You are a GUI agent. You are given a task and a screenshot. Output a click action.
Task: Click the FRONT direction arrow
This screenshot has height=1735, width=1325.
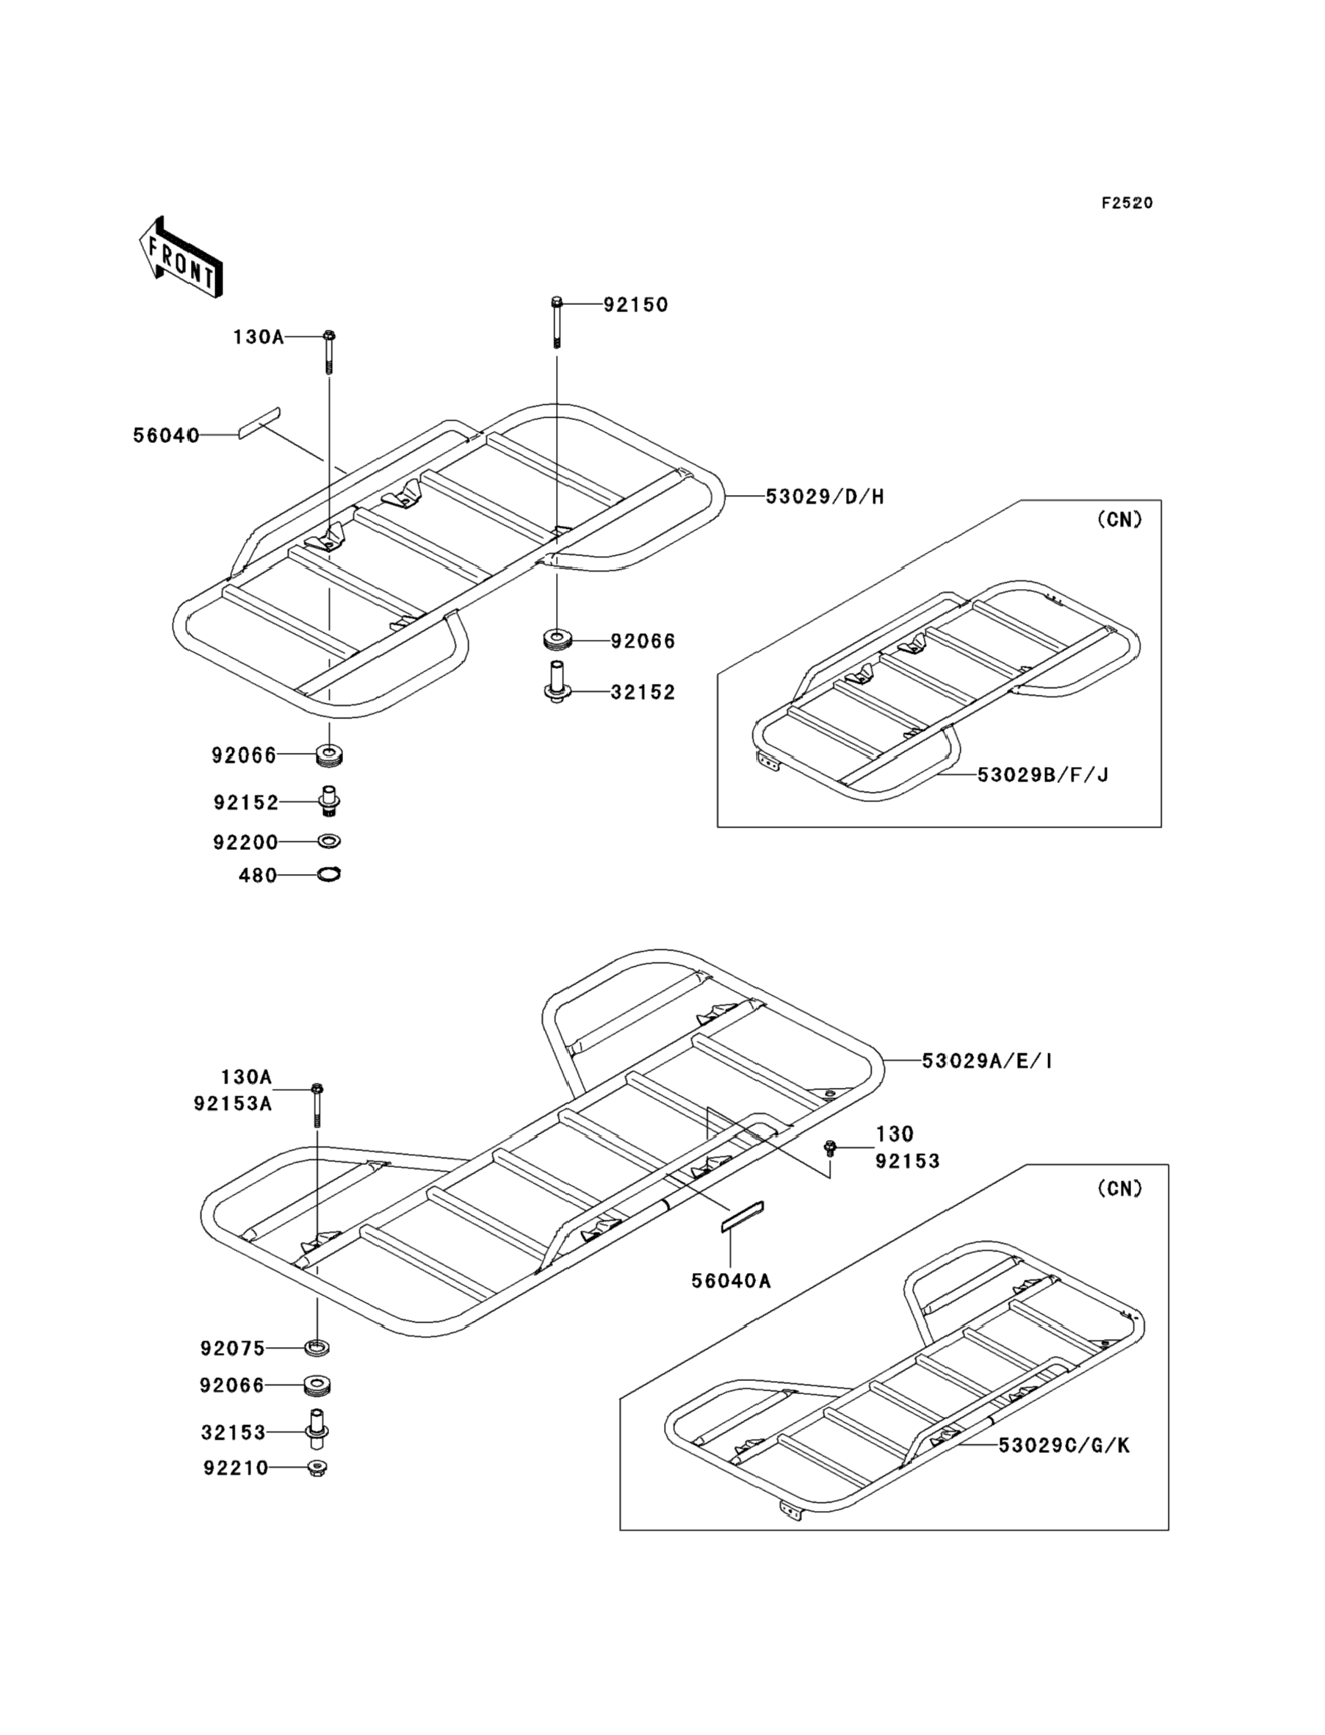(x=181, y=257)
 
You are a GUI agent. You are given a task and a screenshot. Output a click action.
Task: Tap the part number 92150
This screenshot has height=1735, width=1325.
(x=635, y=305)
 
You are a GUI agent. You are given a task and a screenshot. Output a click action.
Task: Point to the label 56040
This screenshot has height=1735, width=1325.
(x=166, y=436)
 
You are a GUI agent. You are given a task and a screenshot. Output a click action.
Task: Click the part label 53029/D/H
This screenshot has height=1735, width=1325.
(x=825, y=497)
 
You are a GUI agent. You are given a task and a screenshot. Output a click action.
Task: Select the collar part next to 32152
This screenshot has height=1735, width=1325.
(x=557, y=683)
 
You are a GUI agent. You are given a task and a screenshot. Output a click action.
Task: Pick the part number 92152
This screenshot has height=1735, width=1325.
(x=246, y=803)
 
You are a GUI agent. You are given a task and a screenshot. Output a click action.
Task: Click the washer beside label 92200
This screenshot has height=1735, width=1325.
(x=330, y=842)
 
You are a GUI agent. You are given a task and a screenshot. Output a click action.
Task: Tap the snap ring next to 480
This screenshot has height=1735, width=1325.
(x=329, y=875)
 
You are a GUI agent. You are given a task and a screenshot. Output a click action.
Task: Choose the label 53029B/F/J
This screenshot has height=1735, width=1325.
(x=1043, y=775)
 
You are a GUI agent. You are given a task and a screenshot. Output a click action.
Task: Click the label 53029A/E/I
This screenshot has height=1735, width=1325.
(x=986, y=1061)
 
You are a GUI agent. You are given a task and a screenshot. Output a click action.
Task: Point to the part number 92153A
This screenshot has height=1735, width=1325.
(x=233, y=1104)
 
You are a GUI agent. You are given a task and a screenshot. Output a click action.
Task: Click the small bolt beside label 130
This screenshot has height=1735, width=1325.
(x=829, y=1148)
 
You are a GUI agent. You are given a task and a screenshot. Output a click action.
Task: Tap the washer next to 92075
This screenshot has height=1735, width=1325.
(x=317, y=1348)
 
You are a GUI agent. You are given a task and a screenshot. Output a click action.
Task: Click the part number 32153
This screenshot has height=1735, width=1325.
(x=234, y=1433)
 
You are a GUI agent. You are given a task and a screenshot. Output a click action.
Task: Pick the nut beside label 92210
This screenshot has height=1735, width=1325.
(x=317, y=1468)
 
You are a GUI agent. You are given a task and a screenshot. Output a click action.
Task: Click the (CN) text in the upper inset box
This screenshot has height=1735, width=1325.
(x=1119, y=520)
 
